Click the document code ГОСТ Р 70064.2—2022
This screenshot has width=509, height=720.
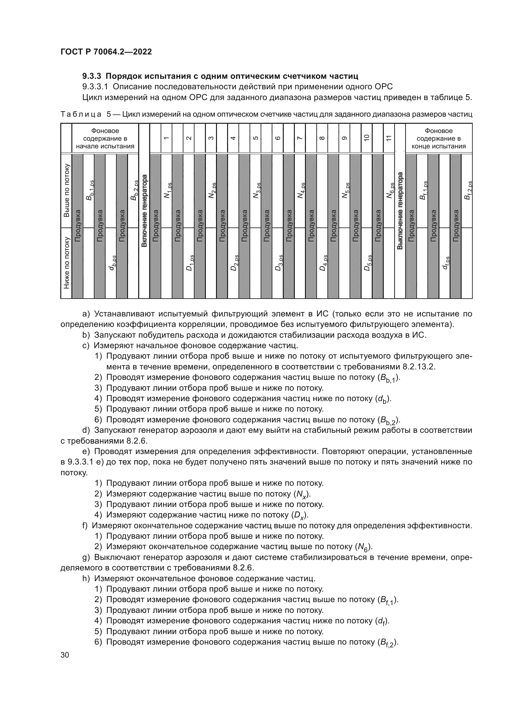pyautogui.click(x=106, y=52)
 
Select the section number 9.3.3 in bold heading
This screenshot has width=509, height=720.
pyautogui.click(x=92, y=76)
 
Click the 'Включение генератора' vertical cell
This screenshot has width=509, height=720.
pyautogui.click(x=144, y=211)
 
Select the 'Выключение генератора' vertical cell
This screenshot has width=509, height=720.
pyautogui.click(x=400, y=211)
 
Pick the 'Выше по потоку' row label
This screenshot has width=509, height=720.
pyautogui.click(x=66, y=190)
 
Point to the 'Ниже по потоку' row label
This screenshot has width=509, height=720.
pyautogui.click(x=66, y=263)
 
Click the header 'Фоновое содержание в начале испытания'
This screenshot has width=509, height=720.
pyautogui.click(x=105, y=138)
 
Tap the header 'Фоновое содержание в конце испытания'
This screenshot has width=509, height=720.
pyautogui.click(x=439, y=138)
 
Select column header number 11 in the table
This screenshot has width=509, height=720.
pyautogui.click(x=389, y=138)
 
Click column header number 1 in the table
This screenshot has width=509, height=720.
pyautogui.click(x=166, y=138)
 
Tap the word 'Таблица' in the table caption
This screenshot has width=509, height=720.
pyautogui.click(x=81, y=114)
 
